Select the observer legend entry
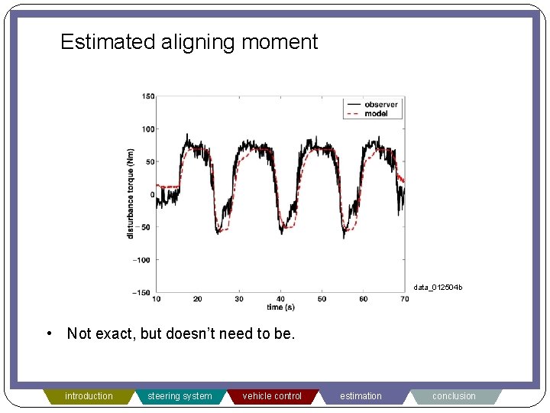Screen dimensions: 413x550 (x=380, y=104)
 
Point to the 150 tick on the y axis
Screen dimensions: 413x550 (x=147, y=96)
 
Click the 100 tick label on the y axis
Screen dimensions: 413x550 (x=147, y=129)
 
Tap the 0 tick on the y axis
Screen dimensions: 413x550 (x=151, y=195)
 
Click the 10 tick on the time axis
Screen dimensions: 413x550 (x=157, y=299)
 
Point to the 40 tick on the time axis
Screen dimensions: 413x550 (x=280, y=299)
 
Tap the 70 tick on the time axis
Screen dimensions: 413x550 (x=404, y=299)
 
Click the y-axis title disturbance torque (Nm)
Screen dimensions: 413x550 (x=131, y=193)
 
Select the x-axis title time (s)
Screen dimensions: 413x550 (x=280, y=307)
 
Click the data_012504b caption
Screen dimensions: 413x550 (x=438, y=288)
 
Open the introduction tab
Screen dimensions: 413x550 (x=89, y=396)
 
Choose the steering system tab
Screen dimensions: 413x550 (x=180, y=396)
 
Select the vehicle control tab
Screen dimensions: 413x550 (x=272, y=396)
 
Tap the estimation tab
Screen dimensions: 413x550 (x=361, y=396)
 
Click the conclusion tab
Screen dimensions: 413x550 (x=454, y=396)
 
